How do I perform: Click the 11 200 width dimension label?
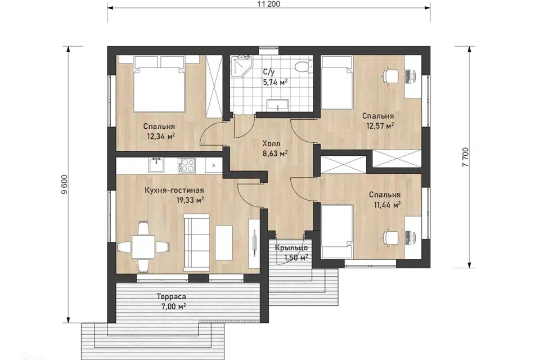pos(269,4)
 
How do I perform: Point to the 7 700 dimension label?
pos(466,157)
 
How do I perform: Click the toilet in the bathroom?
pos(304,66)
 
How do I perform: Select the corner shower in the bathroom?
pos(241,66)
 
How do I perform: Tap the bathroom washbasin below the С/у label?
pos(278,105)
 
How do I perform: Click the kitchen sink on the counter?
pos(157,165)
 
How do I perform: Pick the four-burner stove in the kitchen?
pos(186,165)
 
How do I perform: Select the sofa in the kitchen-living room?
pos(197,242)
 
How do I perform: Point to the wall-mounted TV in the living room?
pos(254,242)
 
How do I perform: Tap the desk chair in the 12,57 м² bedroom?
pos(390,76)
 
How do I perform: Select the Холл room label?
pos(271,143)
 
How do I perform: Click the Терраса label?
pos(171,296)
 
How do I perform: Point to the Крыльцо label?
pos(291,248)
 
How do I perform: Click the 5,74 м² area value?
pos(275,82)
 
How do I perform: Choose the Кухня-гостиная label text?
pos(174,191)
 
